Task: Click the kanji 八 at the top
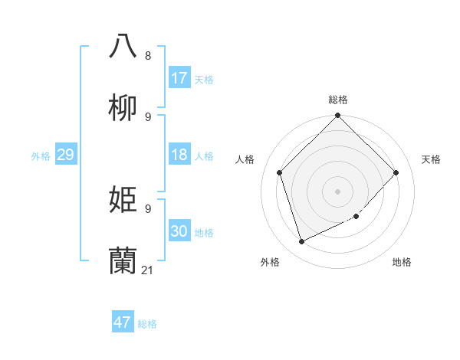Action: [x=123, y=45]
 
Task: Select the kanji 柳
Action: [x=123, y=107]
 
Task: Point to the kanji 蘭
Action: [x=123, y=261]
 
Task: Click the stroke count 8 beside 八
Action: [x=148, y=56]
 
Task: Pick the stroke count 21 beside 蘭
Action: [x=148, y=270]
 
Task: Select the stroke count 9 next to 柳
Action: [x=148, y=117]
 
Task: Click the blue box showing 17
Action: [x=179, y=78]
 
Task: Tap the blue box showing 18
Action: [x=179, y=155]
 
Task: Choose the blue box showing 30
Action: [x=179, y=231]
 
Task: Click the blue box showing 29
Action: [x=65, y=155]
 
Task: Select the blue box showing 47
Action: [x=123, y=322]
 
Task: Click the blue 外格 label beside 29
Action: [x=41, y=156]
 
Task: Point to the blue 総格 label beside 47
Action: [x=147, y=324]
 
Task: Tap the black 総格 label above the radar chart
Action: [x=338, y=100]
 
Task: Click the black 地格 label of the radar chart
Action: [x=402, y=262]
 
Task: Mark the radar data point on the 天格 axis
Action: [x=396, y=172]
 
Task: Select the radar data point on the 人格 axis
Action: [x=280, y=172]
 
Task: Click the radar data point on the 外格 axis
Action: [x=302, y=241]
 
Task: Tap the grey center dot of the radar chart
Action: [x=338, y=191]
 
